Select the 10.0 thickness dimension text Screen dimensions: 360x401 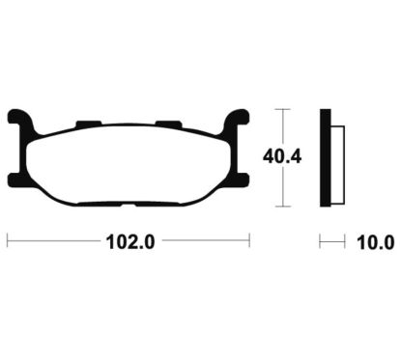375,242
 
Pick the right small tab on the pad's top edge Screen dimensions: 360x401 168,124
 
